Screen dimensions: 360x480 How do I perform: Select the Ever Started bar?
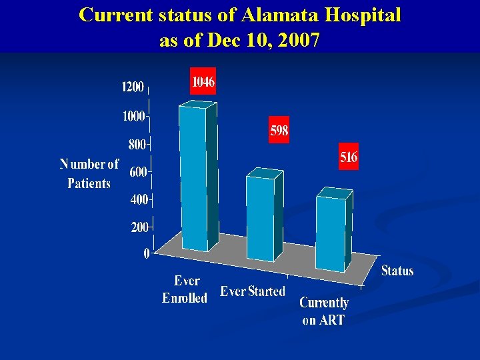point(261,217)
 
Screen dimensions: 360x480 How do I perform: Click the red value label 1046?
point(203,82)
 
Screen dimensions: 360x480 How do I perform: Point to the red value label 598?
point(279,131)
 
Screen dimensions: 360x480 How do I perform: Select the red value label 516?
point(349,157)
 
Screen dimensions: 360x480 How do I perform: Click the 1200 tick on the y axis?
point(133,87)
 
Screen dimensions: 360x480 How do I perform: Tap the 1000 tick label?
point(133,116)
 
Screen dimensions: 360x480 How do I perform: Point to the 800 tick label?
point(137,144)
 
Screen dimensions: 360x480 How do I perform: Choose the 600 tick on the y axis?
point(138,172)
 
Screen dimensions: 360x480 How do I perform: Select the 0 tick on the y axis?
point(146,253)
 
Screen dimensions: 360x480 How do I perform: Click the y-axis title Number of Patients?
point(89,173)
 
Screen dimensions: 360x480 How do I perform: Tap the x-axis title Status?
point(397,271)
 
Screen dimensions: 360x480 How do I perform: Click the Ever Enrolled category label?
point(185,289)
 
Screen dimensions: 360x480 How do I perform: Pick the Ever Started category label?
point(253,291)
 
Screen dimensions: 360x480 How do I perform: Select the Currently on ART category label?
point(324,311)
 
